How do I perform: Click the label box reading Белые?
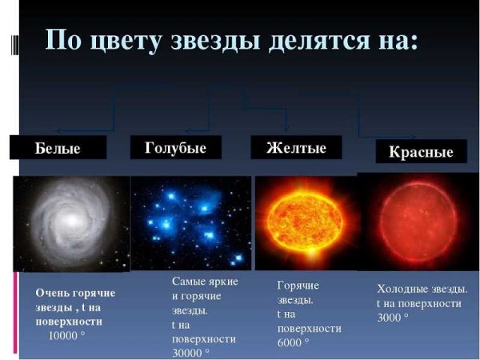pyautogui.click(x=58, y=148)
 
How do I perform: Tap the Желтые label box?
pyautogui.click(x=296, y=148)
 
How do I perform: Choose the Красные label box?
pyautogui.click(x=421, y=151)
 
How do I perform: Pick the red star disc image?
pyautogui.click(x=419, y=224)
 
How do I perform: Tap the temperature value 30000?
pyautogui.click(x=189, y=352)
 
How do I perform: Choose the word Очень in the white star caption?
pyautogui.click(x=52, y=294)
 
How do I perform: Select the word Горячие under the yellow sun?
pyautogui.click(x=298, y=285)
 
